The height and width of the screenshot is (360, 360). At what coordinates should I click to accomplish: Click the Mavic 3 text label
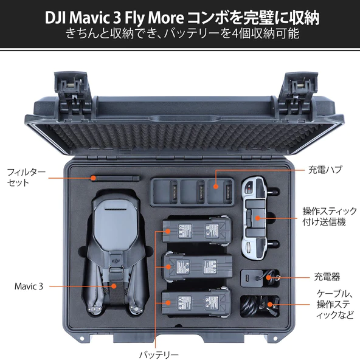pyautogui.click(x=29, y=286)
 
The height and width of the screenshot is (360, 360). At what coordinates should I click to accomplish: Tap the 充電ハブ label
pyautogui.click(x=325, y=170)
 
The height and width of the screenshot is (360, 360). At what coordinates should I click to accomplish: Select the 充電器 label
pyautogui.click(x=327, y=277)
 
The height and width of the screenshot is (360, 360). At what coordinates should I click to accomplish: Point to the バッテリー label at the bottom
pyautogui.click(x=159, y=355)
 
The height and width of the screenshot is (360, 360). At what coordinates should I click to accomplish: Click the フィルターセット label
pyautogui.click(x=26, y=177)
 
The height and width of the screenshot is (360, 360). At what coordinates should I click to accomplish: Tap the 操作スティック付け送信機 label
pyautogui.click(x=330, y=216)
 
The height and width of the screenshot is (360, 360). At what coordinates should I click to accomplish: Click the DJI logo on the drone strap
pyautogui.click(x=116, y=260)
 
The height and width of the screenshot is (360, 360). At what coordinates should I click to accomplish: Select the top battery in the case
pyautogui.click(x=196, y=230)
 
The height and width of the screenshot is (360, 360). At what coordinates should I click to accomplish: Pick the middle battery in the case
pyautogui.click(x=198, y=266)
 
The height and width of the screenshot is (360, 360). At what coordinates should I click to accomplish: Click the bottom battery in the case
pyautogui.click(x=196, y=302)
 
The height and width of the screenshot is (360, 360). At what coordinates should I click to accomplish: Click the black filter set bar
pyautogui.click(x=116, y=178)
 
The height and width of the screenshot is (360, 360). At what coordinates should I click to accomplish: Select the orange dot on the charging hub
pyautogui.click(x=215, y=186)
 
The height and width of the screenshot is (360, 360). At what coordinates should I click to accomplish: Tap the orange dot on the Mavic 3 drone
pyautogui.click(x=114, y=286)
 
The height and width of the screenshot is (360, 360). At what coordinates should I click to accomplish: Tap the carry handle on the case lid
pyautogui.click(x=185, y=119)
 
